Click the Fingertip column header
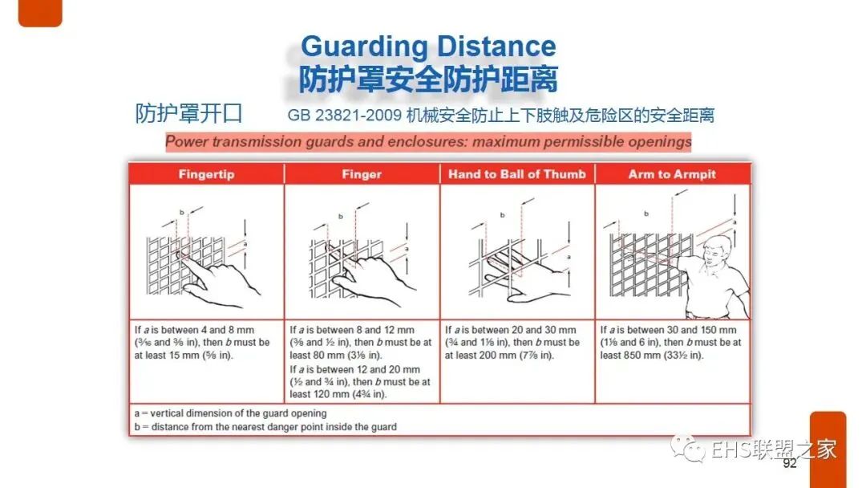(x=207, y=175)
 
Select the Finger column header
(x=362, y=175)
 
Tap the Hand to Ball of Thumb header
(x=517, y=175)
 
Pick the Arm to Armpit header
(x=672, y=175)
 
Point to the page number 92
(x=790, y=463)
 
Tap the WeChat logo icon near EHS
(x=688, y=448)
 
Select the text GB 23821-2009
(x=344, y=116)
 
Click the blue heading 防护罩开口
(x=189, y=113)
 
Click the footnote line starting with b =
(x=265, y=427)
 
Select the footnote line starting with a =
(x=230, y=413)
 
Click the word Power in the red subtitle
(x=187, y=142)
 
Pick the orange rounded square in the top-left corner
(x=40, y=13)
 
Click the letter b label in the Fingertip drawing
(x=182, y=212)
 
